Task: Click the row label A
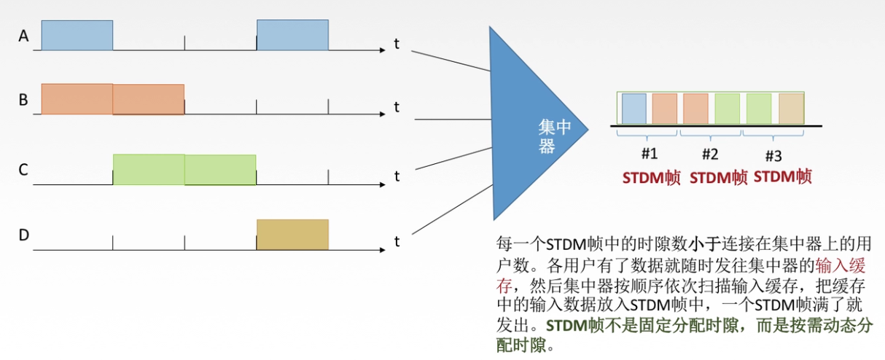[x=23, y=35]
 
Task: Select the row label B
[x=23, y=100]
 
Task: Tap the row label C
[x=23, y=171]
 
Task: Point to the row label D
[x=23, y=235]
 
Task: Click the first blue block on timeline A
[x=77, y=35]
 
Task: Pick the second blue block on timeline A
[x=292, y=35]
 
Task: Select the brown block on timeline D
[x=292, y=235]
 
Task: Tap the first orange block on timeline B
[x=77, y=99]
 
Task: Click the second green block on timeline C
[x=220, y=169]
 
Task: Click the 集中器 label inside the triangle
[x=553, y=136]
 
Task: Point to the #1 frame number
[x=650, y=154]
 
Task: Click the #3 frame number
[x=773, y=155]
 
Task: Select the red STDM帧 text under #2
[x=718, y=177]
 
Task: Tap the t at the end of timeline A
[x=397, y=44]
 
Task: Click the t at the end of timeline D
[x=397, y=241]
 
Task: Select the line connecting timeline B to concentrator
[x=452, y=118]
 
